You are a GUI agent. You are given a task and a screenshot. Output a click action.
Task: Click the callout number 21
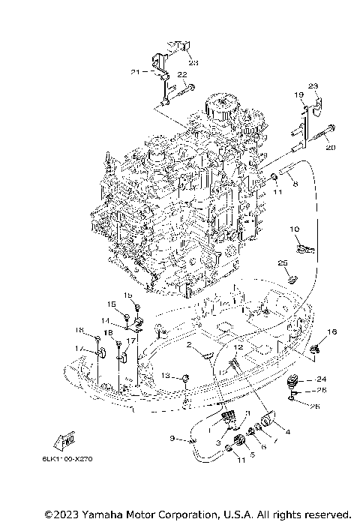click(135, 72)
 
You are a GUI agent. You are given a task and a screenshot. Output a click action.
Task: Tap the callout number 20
click(331, 148)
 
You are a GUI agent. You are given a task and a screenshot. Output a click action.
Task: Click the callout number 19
click(298, 94)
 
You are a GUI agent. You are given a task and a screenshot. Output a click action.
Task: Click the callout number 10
click(295, 229)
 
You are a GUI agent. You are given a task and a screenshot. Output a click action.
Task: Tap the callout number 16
click(332, 331)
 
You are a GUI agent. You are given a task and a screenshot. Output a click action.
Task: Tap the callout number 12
click(237, 347)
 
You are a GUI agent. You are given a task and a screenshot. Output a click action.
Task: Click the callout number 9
click(172, 438)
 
